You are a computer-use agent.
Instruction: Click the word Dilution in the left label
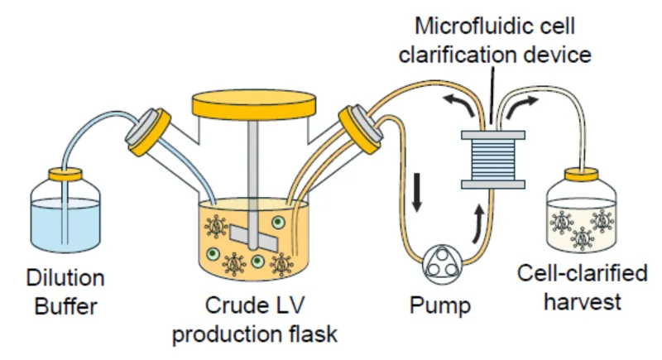coord(65,277)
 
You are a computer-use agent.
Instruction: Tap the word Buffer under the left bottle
coord(65,307)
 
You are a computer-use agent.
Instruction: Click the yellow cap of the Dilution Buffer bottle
coord(65,174)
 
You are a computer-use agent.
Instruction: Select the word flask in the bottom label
coord(313,334)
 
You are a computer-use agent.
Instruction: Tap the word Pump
coord(439,305)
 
